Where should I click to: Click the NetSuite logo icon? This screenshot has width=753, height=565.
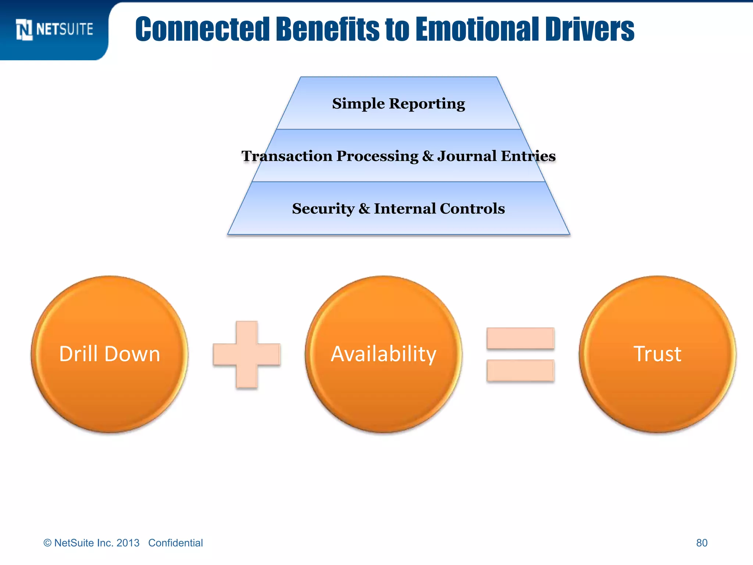point(24,29)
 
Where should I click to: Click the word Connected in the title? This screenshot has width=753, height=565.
point(203,29)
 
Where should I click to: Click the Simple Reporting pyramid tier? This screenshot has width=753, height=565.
point(399,104)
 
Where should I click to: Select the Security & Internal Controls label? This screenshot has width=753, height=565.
point(399,209)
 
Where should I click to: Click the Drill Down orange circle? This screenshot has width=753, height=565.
point(110,354)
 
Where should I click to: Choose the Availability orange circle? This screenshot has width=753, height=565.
point(383,354)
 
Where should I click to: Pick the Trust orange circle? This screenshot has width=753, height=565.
point(657,354)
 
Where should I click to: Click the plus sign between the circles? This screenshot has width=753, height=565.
point(247,355)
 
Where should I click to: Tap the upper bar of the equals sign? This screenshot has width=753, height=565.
point(520,338)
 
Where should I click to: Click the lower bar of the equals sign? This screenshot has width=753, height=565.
point(520,370)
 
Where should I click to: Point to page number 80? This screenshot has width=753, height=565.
point(702,543)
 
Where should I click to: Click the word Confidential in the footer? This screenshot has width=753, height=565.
point(175,543)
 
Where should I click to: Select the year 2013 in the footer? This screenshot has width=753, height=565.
point(128,543)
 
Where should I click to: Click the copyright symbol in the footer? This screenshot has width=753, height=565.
point(47,543)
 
